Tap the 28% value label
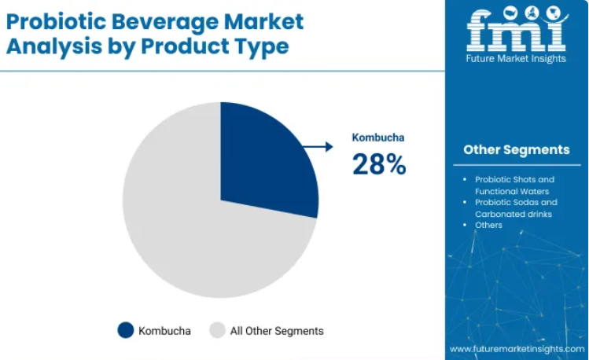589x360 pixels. click(x=379, y=164)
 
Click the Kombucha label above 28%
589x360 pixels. click(x=378, y=138)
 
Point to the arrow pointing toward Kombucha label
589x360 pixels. click(x=318, y=147)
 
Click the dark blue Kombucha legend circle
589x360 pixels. click(x=126, y=330)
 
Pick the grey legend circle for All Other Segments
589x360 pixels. click(x=217, y=330)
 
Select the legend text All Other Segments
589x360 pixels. click(x=277, y=331)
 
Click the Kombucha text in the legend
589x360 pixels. click(x=164, y=331)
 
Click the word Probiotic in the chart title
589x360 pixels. click(x=57, y=21)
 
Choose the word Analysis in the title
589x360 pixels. click(x=54, y=47)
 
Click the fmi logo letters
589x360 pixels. click(x=517, y=29)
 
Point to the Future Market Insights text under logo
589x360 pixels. click(x=516, y=59)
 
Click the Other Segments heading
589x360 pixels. click(x=517, y=150)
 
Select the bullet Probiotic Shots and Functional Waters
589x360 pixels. click(x=514, y=186)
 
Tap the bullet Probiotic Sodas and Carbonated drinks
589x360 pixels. click(x=516, y=208)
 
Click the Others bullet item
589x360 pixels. click(x=488, y=225)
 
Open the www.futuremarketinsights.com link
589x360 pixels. click(x=517, y=349)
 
